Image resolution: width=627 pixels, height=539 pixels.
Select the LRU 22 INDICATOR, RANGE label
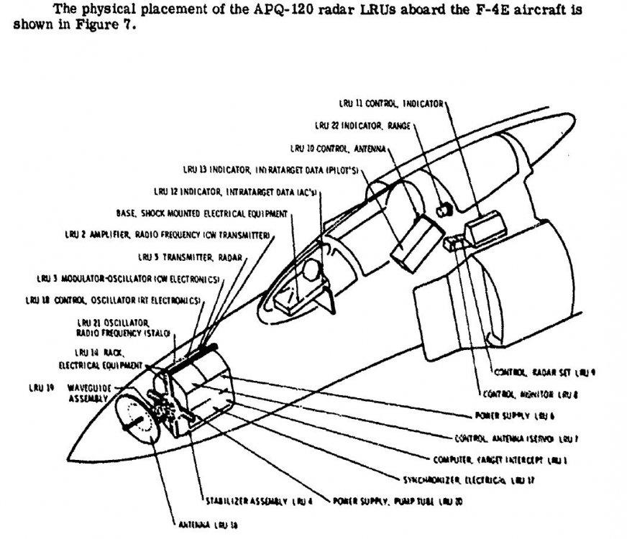pyautogui.click(x=362, y=125)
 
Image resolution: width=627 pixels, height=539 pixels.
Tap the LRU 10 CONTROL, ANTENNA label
pyautogui.click(x=339, y=148)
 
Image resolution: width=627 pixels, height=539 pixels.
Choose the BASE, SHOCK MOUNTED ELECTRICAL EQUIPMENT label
pyautogui.click(x=201, y=213)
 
